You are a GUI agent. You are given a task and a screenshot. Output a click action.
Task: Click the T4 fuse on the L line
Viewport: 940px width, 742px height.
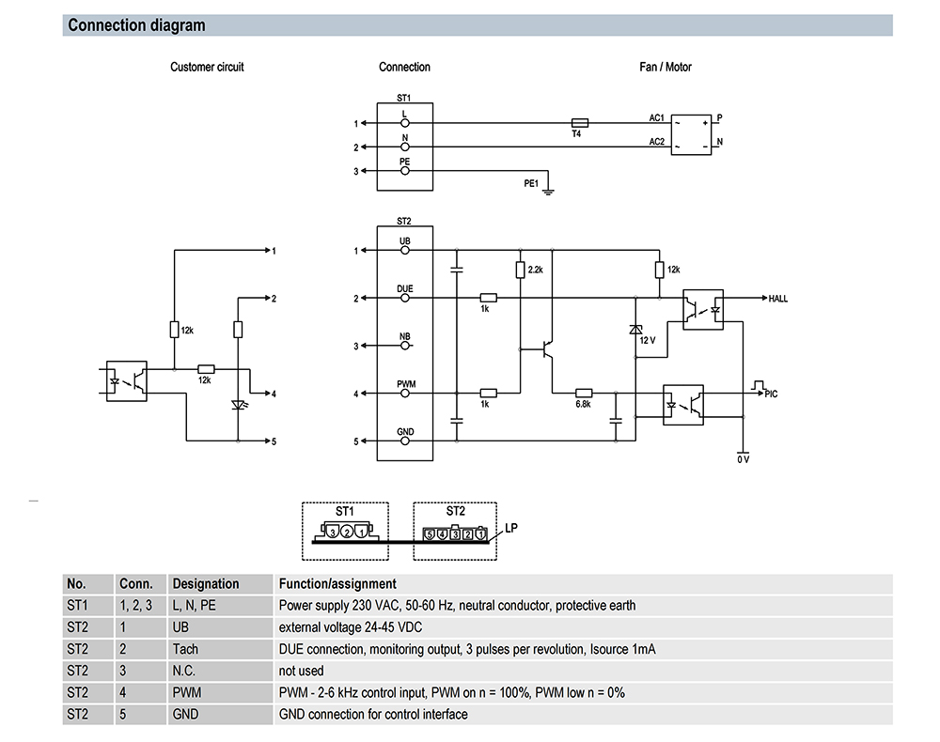[x=580, y=123]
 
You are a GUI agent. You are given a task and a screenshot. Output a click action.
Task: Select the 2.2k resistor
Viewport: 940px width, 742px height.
[x=521, y=271]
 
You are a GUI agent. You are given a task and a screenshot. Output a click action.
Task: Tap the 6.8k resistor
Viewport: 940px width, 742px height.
[x=584, y=394]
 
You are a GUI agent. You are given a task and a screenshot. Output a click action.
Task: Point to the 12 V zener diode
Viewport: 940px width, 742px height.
[x=635, y=330]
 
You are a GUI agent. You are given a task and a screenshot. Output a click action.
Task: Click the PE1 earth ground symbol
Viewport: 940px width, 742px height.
[x=548, y=192]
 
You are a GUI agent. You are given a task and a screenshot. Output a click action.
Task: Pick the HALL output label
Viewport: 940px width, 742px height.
[x=778, y=299]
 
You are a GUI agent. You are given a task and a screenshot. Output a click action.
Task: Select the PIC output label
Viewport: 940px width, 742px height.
[x=771, y=394]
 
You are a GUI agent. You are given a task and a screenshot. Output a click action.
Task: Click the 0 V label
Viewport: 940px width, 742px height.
[x=744, y=459]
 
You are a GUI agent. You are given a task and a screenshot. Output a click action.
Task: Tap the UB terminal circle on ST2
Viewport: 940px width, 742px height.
[x=405, y=251]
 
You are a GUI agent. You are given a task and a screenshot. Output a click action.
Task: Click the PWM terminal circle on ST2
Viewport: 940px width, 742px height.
[x=405, y=394]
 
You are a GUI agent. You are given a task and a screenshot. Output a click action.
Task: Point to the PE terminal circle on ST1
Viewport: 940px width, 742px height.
[x=405, y=171]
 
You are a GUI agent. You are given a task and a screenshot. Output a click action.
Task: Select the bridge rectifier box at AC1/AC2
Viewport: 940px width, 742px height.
[x=691, y=134]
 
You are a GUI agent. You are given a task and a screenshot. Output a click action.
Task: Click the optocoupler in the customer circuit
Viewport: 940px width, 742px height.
[x=127, y=381]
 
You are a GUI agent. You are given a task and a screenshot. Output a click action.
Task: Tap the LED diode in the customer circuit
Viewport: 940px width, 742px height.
[x=239, y=406]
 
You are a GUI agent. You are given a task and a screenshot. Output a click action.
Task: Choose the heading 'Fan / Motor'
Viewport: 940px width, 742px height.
[x=666, y=67]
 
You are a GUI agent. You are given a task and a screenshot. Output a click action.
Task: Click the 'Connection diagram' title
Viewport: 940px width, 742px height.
[x=136, y=25]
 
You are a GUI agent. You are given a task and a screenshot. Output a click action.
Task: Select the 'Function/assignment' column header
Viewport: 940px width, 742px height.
[x=337, y=584]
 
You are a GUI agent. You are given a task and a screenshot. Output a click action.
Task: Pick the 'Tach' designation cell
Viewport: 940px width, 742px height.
[x=185, y=649]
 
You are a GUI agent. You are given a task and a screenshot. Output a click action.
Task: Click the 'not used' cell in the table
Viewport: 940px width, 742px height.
[x=301, y=671]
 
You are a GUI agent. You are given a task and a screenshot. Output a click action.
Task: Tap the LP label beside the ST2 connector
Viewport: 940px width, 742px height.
[x=510, y=528]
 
